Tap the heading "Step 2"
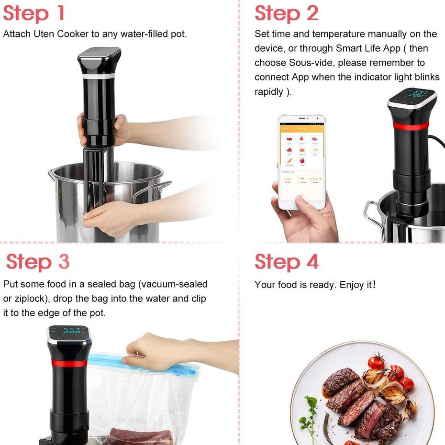click(286, 13)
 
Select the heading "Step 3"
click(38, 262)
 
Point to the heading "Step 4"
click(286, 262)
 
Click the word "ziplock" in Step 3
click(31, 299)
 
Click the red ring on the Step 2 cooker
click(411, 125)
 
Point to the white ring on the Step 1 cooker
click(98, 76)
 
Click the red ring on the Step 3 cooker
click(67, 363)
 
